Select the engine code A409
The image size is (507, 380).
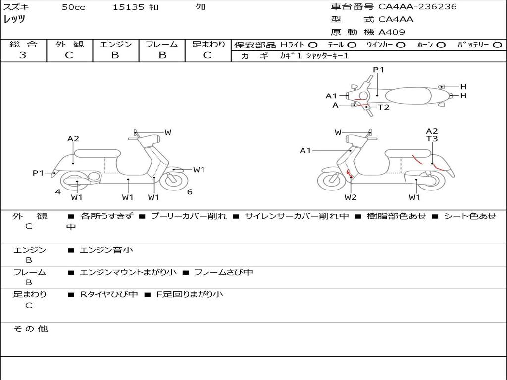click(x=392, y=32)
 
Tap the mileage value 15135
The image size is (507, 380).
click(x=128, y=7)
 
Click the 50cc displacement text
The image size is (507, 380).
click(x=73, y=7)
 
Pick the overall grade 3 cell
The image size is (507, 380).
click(x=23, y=55)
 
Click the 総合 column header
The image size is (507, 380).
click(x=23, y=45)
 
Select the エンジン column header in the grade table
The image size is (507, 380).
click(x=115, y=45)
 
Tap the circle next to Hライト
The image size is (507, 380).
click(x=313, y=45)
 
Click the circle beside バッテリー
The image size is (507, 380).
click(x=497, y=45)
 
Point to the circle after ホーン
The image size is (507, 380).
click(x=441, y=45)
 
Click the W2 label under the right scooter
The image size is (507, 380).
click(x=351, y=197)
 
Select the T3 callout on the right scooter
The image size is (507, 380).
click(x=432, y=139)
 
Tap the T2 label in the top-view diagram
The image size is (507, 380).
click(x=384, y=107)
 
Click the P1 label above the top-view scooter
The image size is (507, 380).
click(x=378, y=70)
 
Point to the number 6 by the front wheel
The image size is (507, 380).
click(x=190, y=192)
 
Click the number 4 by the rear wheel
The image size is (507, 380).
click(x=58, y=192)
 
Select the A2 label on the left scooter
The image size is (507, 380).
click(x=73, y=139)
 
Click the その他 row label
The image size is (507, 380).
click(x=31, y=329)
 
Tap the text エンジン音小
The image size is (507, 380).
click(x=106, y=250)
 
